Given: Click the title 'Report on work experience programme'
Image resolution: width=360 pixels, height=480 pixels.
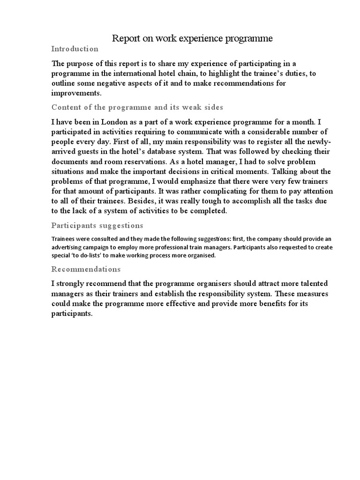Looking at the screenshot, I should [x=192, y=38].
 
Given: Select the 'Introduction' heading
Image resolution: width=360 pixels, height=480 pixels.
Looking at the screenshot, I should [x=75, y=49].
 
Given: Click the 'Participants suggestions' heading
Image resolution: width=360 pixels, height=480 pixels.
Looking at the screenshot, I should [x=97, y=225].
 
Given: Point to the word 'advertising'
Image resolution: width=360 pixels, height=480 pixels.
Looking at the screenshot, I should [x=71, y=247].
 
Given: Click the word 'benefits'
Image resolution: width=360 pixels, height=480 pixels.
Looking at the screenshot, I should [x=266, y=304].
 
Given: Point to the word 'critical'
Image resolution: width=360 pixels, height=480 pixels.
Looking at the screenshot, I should [x=220, y=172].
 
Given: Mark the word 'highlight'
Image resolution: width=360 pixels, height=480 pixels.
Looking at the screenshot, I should [x=225, y=74].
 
